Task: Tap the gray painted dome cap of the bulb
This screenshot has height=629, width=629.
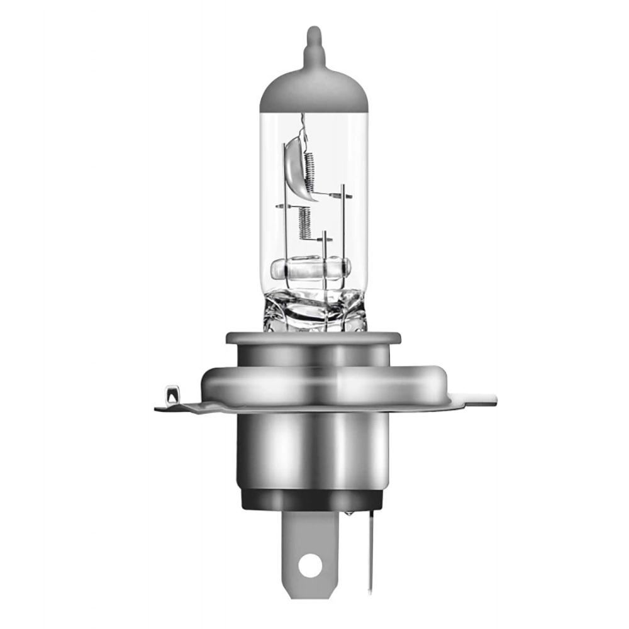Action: point(313,91)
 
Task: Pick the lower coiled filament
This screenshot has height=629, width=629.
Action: point(305,224)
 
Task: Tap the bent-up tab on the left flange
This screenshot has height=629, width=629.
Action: point(172,396)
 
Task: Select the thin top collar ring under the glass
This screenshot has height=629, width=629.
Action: point(313,338)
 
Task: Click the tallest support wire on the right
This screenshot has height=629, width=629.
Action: point(343,233)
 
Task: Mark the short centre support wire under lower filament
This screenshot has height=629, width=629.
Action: point(325,258)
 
